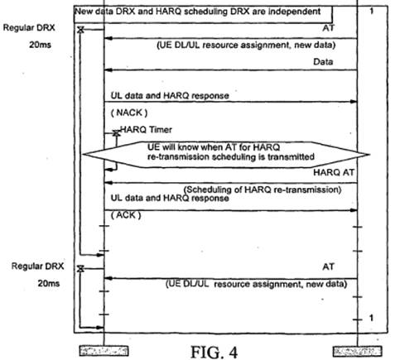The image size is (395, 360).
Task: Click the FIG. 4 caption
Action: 214,353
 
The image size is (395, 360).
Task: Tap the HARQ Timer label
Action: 146,129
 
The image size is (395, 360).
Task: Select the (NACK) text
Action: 129,113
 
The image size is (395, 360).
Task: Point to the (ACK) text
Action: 126,215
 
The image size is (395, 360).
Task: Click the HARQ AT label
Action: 334,172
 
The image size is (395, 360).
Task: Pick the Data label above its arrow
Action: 323,61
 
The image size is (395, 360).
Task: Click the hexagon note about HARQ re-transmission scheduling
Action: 226,155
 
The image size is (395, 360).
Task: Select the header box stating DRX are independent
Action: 203,14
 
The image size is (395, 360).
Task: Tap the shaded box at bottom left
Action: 104,351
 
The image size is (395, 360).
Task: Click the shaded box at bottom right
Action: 358,352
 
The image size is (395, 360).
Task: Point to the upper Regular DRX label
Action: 29,27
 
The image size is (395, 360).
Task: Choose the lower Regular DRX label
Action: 37,266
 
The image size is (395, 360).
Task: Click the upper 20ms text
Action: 40,45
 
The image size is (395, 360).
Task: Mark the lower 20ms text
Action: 49,283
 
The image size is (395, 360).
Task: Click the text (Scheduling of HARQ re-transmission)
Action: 263,190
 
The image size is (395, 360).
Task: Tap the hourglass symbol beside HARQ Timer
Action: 116,133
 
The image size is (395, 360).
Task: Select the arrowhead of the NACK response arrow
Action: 354,102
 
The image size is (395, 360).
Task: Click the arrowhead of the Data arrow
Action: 108,70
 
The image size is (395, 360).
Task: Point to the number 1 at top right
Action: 372,11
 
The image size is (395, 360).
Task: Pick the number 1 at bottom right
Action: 372,318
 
